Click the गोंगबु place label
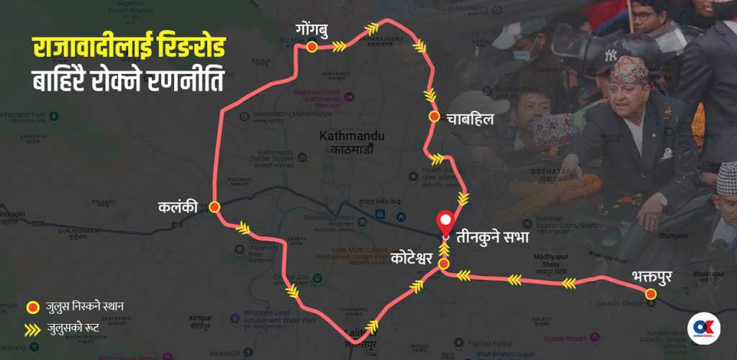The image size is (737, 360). point(311,30)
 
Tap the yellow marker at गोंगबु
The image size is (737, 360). point(312,47)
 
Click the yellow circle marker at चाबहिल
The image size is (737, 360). point(434,116)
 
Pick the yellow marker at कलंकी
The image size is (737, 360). point(214,207)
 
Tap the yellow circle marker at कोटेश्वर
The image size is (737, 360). point(444,265)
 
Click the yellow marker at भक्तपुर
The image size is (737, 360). point(651,294)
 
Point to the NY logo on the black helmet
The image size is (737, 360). point(610,55)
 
